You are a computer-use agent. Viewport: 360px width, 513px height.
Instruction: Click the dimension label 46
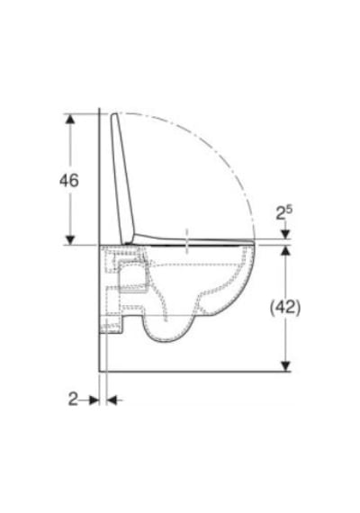click(x=69, y=180)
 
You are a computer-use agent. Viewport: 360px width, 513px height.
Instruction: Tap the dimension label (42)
click(x=285, y=308)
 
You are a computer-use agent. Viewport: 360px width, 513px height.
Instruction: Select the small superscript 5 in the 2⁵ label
click(x=289, y=209)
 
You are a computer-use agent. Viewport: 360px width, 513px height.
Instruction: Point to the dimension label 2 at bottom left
click(x=73, y=399)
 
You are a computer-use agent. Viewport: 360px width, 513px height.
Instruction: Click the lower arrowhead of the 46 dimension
click(x=69, y=239)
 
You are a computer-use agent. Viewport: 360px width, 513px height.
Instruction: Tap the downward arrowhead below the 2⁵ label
click(x=285, y=234)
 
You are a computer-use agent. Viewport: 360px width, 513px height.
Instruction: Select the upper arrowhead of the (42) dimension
click(x=285, y=250)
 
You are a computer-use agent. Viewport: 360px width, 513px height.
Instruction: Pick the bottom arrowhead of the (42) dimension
click(x=285, y=366)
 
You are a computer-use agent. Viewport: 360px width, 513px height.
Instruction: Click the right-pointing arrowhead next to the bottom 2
click(x=94, y=400)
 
